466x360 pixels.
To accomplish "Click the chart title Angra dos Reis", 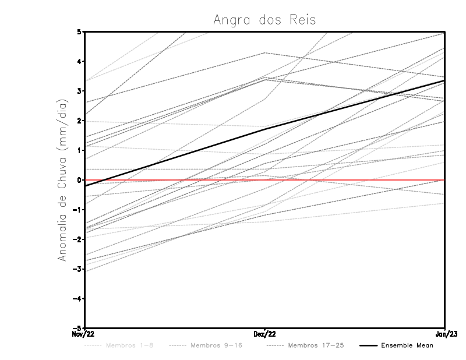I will (x=264, y=20).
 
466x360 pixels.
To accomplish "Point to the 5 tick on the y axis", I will (x=79, y=31).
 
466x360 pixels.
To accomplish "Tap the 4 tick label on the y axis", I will (x=79, y=61).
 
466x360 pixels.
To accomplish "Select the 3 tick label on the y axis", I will (x=79, y=91).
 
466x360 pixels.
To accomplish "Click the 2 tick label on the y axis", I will (x=79, y=121).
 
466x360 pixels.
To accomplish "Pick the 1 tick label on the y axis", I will (x=79, y=150).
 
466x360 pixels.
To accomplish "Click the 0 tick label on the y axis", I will (x=79, y=180).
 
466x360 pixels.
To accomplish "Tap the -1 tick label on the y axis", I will (x=77, y=210).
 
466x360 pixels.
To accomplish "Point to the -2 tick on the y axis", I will (x=77, y=239).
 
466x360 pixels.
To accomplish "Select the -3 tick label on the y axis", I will (x=77, y=269).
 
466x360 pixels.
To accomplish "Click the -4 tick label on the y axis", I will (x=77, y=299).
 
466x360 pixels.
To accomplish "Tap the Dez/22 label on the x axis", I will (x=265, y=334).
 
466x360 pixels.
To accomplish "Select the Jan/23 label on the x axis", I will (x=445, y=334).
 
